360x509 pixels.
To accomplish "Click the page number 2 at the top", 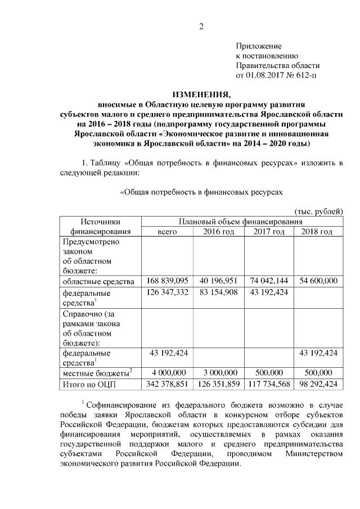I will point(201,25).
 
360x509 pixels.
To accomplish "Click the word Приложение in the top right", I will point(258,46).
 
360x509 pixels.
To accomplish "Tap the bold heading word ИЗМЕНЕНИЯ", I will point(201,94).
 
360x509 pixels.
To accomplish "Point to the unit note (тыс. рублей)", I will point(317,211).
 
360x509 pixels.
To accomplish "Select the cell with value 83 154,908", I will point(218,292).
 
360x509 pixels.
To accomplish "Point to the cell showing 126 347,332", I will point(168,292).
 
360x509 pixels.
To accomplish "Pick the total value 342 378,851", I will point(168,384).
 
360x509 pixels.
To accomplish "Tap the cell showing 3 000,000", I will point(218,372).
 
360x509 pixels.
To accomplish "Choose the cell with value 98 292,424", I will point(318,384).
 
